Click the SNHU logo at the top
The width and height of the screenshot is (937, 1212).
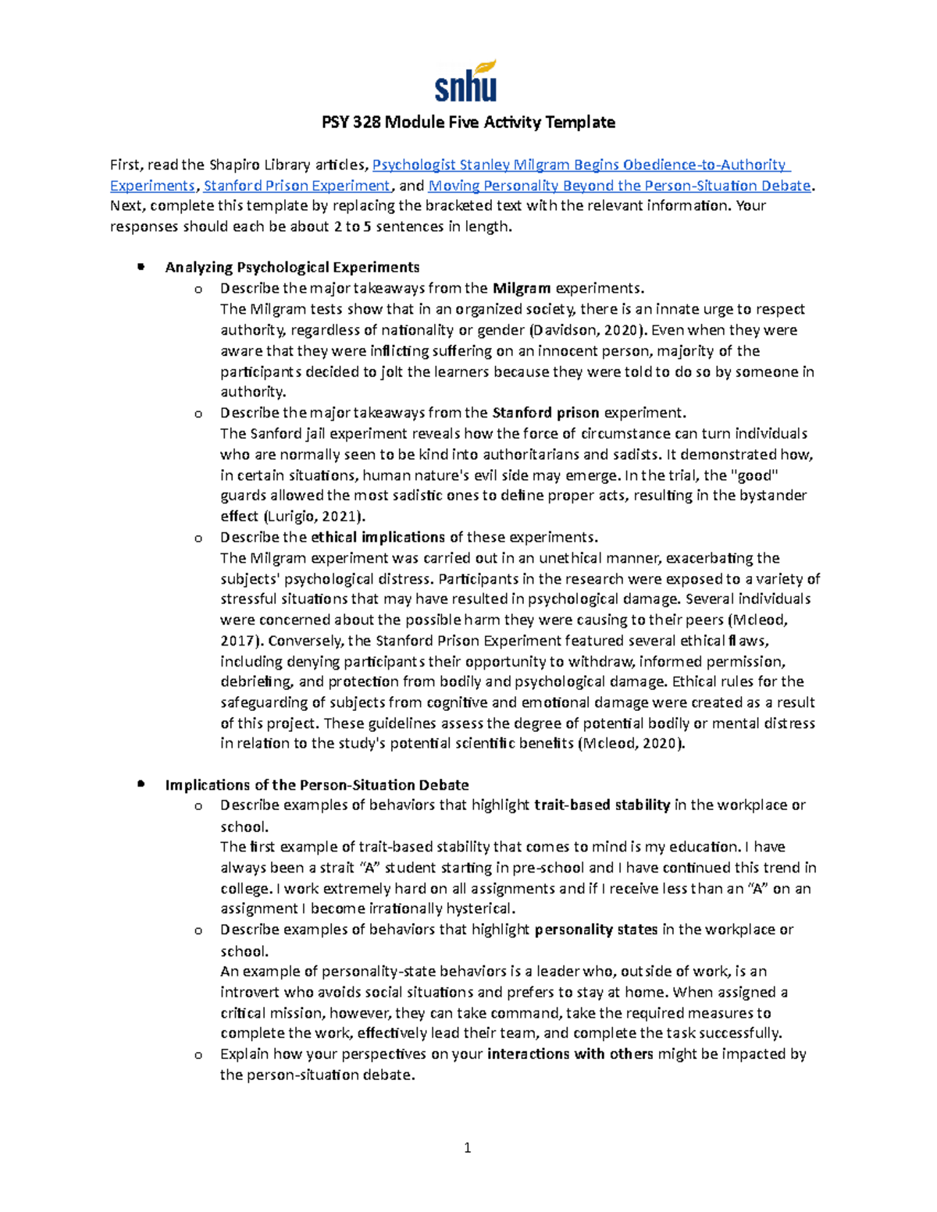[x=466, y=82]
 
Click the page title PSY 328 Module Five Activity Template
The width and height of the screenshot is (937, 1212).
[x=468, y=123]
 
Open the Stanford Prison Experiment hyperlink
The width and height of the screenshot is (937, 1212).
[x=297, y=186]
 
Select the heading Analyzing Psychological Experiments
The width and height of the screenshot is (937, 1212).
[x=292, y=268]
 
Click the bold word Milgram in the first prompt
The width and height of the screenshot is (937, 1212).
[x=522, y=289]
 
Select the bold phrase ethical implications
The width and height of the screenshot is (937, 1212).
[x=378, y=538]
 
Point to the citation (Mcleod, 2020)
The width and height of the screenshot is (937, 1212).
[x=630, y=744]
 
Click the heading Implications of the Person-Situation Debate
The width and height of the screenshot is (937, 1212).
[x=316, y=785]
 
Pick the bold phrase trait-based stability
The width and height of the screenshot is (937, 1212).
[x=602, y=805]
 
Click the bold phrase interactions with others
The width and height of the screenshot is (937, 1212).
[x=570, y=1054]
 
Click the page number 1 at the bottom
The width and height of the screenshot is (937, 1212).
[x=468, y=1148]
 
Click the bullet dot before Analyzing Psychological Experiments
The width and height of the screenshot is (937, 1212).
[x=141, y=267]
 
